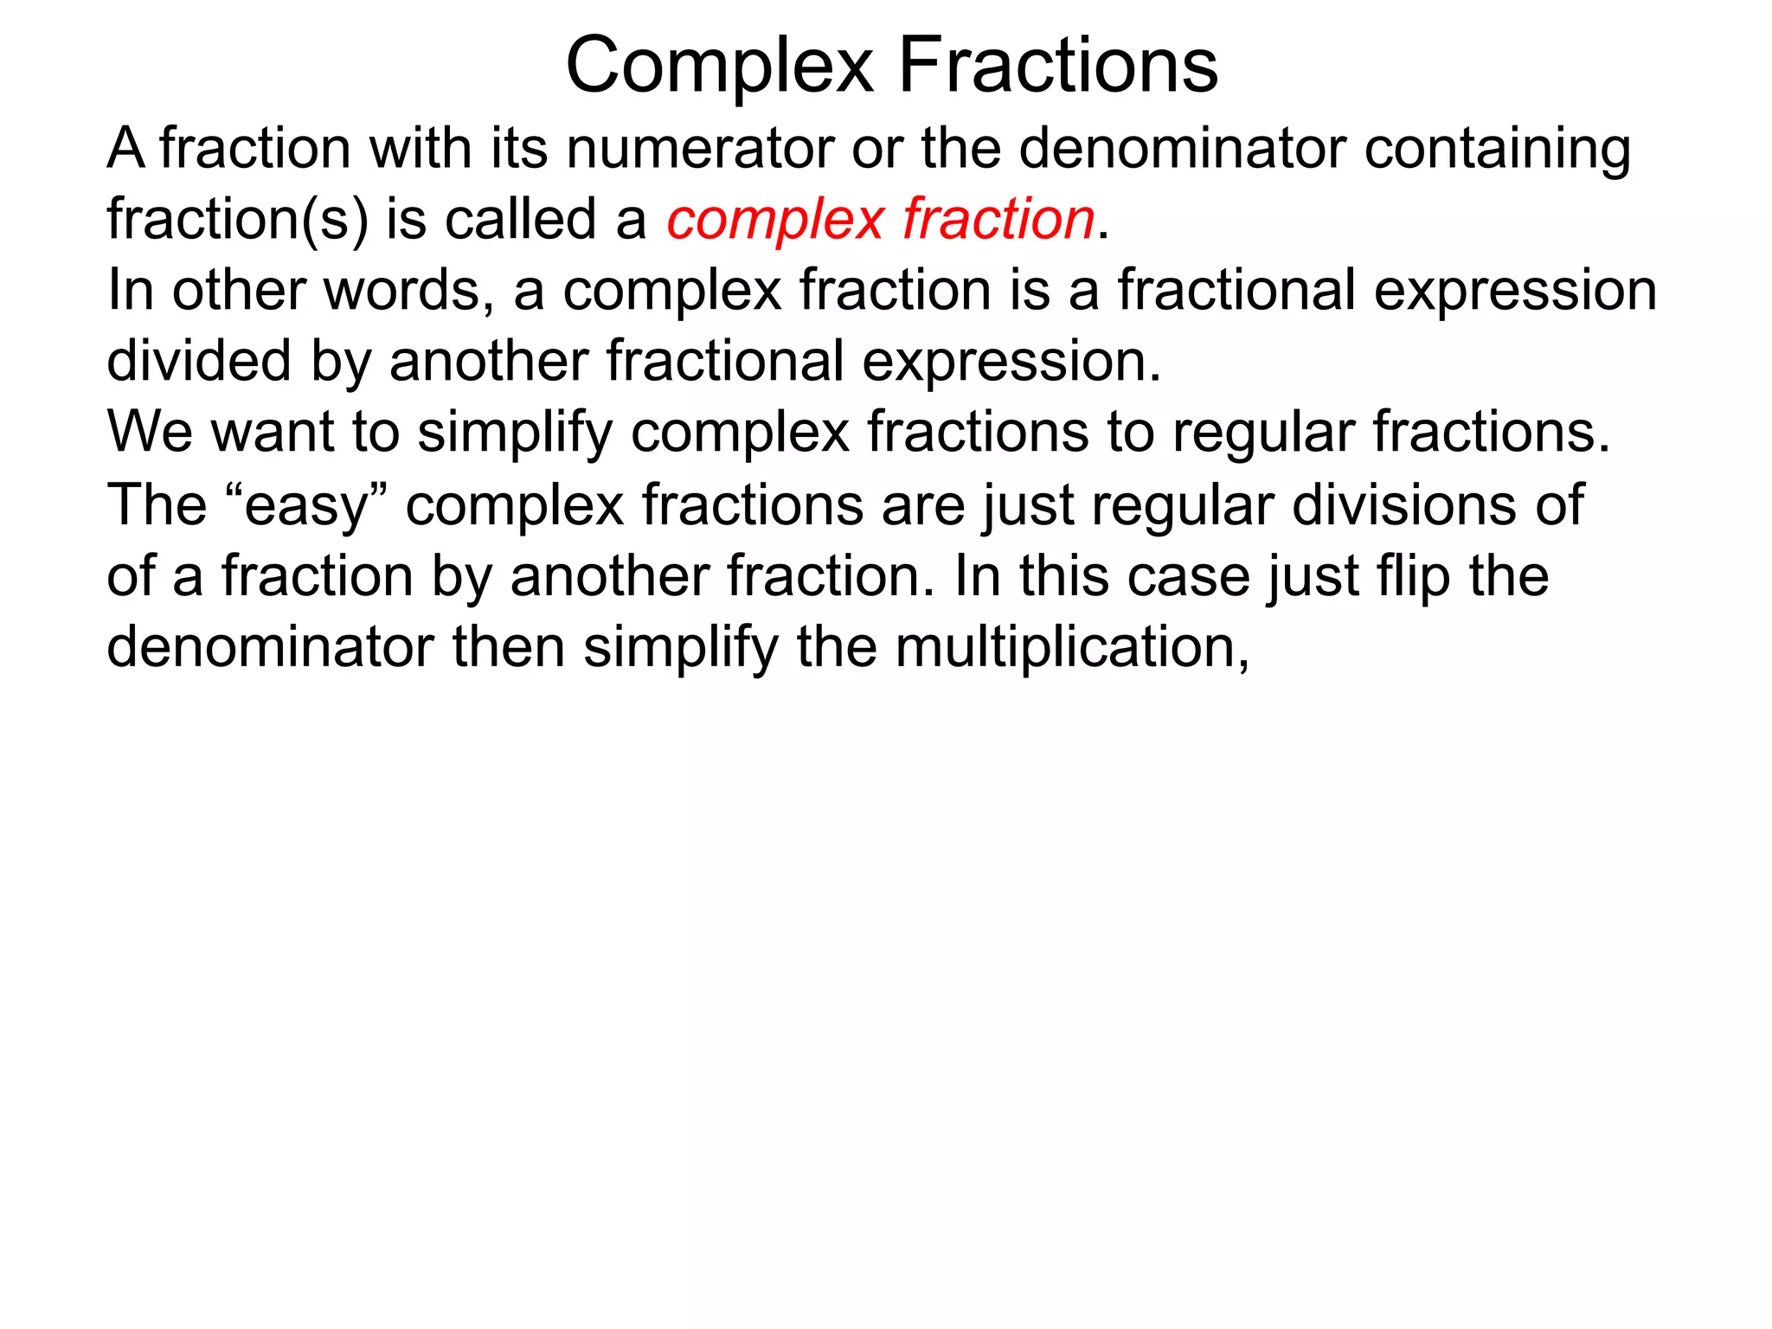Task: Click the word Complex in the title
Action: pos(719,67)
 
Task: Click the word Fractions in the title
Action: pos(1058,67)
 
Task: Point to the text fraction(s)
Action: pos(237,220)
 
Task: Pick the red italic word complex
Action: pos(774,221)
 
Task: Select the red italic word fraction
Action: pos(998,219)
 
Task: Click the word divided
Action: pos(198,361)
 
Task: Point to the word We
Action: pos(149,432)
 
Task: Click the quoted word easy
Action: pos(307,506)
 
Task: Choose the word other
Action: pos(239,290)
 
